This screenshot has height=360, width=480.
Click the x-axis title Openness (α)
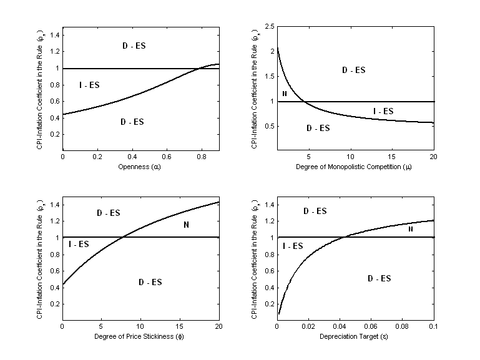(141, 167)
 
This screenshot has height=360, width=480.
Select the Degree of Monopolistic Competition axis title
(356, 167)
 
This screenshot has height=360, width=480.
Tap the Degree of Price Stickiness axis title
(141, 336)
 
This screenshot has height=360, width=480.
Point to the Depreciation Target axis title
(356, 336)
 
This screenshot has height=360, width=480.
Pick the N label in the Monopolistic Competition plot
(285, 94)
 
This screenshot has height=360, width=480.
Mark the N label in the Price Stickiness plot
(186, 225)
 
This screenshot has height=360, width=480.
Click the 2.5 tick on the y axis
(270, 27)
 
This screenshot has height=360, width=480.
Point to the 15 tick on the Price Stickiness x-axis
(180, 326)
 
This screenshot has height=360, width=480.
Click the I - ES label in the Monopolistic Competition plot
(383, 111)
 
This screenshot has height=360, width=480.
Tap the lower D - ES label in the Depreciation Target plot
(379, 278)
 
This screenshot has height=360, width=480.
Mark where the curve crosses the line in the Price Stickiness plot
(124, 237)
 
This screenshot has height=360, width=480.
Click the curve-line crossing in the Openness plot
(198, 68)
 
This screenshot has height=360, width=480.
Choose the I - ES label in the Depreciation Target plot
(293, 246)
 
